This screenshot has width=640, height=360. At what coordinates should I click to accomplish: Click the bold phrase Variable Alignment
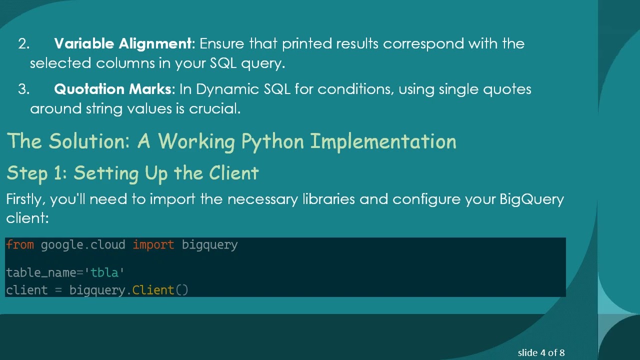point(122,43)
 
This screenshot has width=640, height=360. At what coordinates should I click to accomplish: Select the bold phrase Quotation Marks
point(112,89)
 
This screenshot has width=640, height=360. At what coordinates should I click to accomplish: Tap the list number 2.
point(23,44)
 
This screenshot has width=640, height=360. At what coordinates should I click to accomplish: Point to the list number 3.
point(23,89)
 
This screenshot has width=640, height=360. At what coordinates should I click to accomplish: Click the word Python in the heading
point(272,142)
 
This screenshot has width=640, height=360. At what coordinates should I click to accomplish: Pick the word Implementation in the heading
point(383,142)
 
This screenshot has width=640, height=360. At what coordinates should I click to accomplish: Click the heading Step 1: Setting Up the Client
point(132,173)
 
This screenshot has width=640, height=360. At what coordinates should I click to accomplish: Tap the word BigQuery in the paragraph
point(531,199)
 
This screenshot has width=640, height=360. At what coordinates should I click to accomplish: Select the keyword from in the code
point(20,245)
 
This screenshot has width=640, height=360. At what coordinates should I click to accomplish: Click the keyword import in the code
point(153,245)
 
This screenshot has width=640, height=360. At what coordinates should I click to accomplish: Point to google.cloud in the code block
point(83,245)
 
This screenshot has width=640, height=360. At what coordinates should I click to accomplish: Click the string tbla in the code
point(104,273)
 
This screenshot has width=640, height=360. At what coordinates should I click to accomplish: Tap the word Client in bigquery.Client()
point(153,290)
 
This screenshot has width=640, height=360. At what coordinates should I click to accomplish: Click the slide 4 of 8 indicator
point(541,353)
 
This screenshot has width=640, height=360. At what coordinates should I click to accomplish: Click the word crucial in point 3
point(214,109)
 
